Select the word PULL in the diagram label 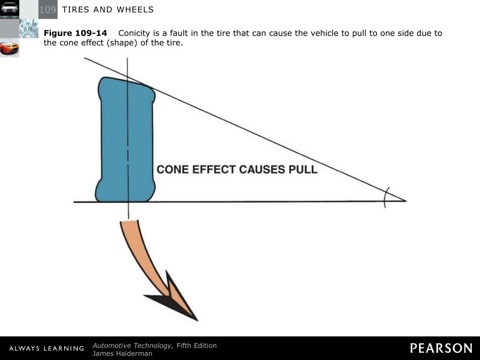pos(303,169)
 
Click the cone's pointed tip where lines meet pos(405,201)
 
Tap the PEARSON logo pos(441,348)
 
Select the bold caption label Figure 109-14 pos(75,33)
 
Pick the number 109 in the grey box pos(47,10)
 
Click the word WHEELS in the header pos(136,10)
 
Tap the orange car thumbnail pos(9,47)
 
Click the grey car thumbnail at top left pos(9,9)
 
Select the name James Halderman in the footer pos(122,353)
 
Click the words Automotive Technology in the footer pos(133,345)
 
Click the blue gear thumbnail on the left pos(29,29)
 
